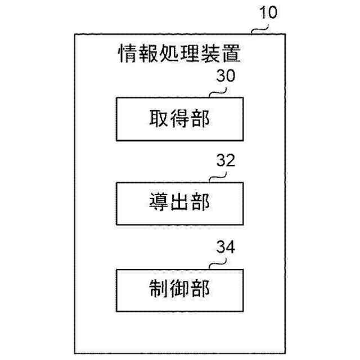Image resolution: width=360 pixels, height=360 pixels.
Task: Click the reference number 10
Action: pos(268,12)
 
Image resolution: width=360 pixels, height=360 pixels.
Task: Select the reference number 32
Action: pos(226,161)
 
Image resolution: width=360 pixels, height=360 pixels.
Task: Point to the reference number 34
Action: pos(226,247)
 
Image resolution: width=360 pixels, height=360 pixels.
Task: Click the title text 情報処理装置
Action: pos(179,54)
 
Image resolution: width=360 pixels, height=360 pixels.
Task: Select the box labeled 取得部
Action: pos(180,119)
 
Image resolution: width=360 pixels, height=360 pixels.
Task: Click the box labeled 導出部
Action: pos(180,203)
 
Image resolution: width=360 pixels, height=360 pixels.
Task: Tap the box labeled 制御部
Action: pos(180,289)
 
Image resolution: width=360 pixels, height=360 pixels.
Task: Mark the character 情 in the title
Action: pos(127,54)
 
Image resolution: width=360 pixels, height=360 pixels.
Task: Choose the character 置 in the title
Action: pos(232,54)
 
